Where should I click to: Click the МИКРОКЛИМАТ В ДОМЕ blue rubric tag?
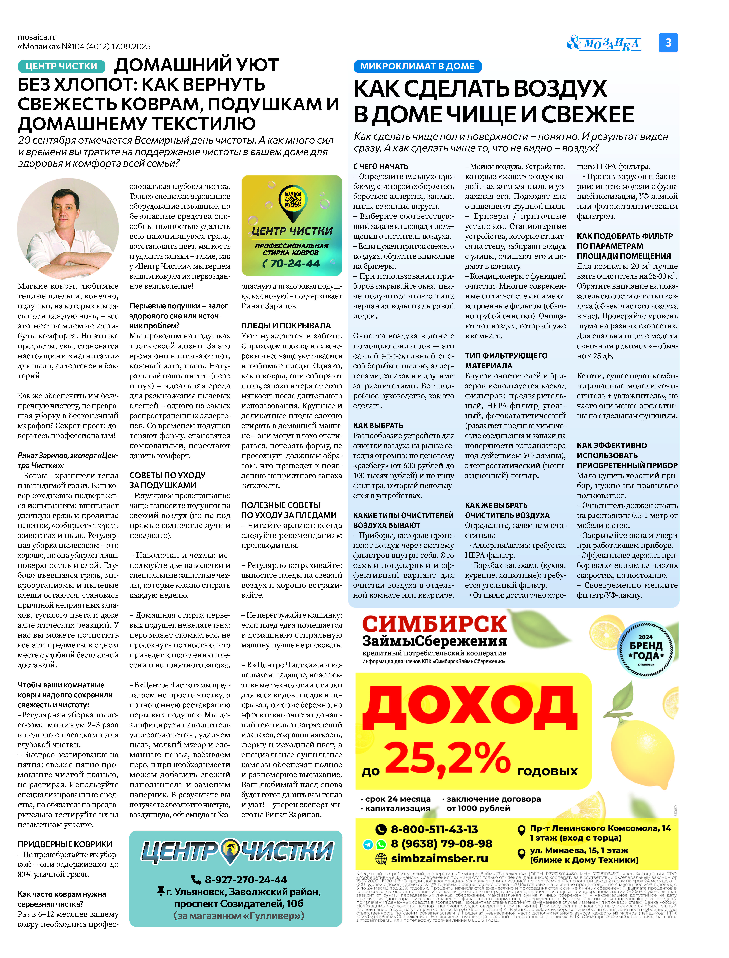coord(417,66)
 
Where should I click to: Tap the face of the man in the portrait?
coord(65,212)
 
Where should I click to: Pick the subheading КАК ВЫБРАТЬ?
coord(378,425)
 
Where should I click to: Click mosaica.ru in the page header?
coord(37,37)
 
